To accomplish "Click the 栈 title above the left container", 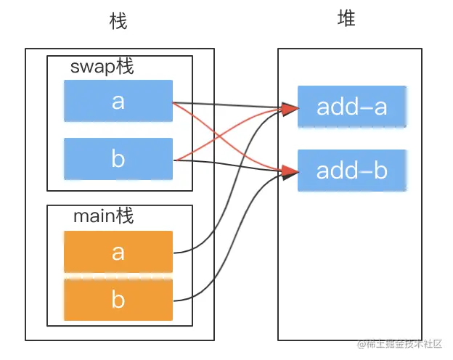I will [118, 22].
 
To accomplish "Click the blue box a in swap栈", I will [118, 100].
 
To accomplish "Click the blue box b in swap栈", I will [118, 158].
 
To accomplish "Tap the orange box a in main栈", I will [118, 252].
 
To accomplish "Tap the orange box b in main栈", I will [118, 299].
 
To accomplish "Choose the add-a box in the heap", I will [351, 107].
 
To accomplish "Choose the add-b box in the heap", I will [351, 171].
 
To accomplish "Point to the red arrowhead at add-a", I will [290, 110].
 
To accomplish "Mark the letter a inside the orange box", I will [118, 252].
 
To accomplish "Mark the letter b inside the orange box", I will [118, 299].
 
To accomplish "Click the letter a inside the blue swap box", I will [118, 101].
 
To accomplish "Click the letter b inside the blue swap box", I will [118, 158].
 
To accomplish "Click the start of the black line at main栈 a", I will [174, 253].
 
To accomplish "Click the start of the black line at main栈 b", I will [174, 300].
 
